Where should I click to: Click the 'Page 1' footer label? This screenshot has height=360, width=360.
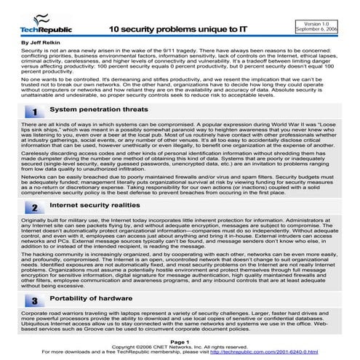click(179, 340)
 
